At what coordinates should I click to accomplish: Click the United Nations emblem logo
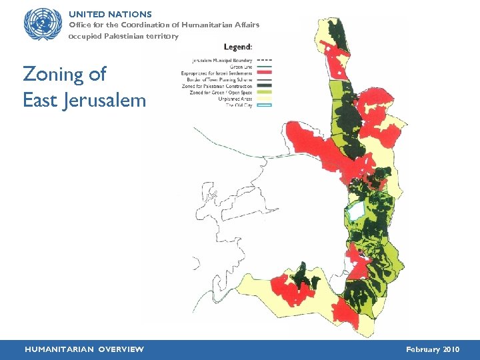pyautogui.click(x=43, y=24)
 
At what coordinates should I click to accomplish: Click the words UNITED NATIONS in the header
pyautogui.click(x=110, y=14)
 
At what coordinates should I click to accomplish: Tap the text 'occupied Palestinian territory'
pyautogui.click(x=123, y=36)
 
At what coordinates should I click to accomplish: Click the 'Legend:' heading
pyautogui.click(x=237, y=47)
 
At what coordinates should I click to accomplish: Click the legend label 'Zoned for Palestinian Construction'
pyautogui.click(x=217, y=87)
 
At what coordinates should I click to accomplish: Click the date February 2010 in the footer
pyautogui.click(x=432, y=349)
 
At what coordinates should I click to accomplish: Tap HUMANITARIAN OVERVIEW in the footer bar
pyautogui.click(x=84, y=349)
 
